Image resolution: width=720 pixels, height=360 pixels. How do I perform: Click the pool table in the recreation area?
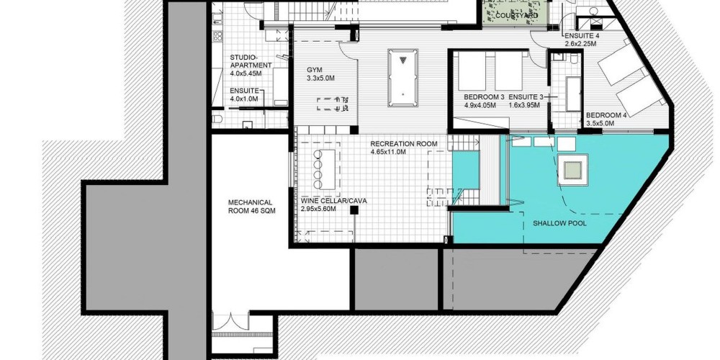(402, 78)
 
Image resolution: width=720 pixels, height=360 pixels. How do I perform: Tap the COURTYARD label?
(516, 16)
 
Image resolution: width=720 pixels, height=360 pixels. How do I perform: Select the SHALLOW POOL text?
(559, 223)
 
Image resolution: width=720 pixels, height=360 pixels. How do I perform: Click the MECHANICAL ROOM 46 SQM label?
(251, 206)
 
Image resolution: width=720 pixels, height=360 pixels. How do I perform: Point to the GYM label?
(315, 70)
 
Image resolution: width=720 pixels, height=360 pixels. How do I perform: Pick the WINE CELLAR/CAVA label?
(334, 201)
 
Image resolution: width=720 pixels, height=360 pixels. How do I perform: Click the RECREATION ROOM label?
(404, 144)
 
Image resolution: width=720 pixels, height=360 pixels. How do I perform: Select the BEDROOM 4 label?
(606, 115)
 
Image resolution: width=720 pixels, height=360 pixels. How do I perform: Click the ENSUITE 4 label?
(582, 36)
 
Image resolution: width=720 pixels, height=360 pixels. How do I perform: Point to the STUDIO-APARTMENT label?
(251, 61)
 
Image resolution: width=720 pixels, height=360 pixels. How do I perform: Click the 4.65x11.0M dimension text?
(388, 151)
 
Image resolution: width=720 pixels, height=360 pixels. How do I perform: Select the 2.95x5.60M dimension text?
(318, 209)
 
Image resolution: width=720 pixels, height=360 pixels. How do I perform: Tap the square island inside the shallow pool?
(572, 170)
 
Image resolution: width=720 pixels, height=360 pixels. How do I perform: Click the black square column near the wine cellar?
(354, 210)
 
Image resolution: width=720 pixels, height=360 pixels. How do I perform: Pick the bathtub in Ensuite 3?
(573, 94)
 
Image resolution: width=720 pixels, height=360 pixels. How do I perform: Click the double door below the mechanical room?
(230, 321)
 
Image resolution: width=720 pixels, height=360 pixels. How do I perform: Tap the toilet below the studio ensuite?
(217, 120)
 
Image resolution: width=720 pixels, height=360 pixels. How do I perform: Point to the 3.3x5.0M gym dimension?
(320, 78)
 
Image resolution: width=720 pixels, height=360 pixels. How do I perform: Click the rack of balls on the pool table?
(402, 60)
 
